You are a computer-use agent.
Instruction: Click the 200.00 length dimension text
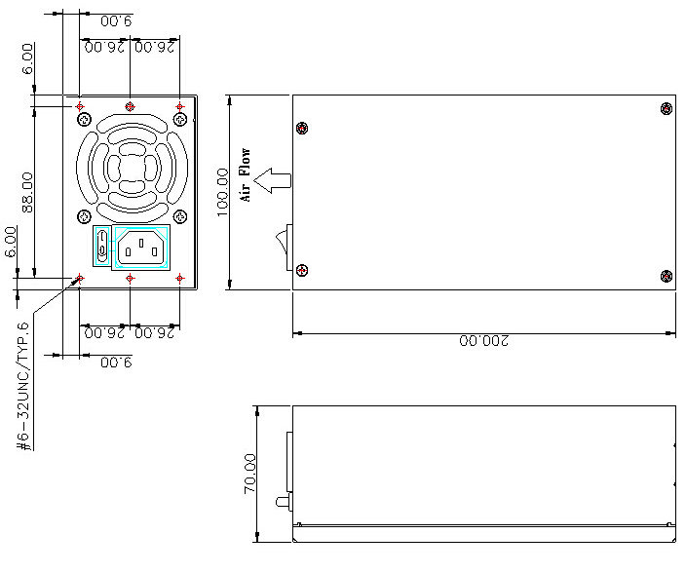pyautogui.click(x=484, y=340)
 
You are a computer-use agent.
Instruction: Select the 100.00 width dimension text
pyautogui.click(x=223, y=192)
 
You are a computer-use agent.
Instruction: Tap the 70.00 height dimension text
pyautogui.click(x=249, y=474)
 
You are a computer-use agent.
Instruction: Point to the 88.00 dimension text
pyautogui.click(x=27, y=192)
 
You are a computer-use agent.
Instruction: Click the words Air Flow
pyautogui.click(x=246, y=175)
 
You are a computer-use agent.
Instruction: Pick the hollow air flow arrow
pyautogui.click(x=272, y=180)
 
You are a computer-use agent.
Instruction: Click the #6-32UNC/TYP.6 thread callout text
pyautogui.click(x=23, y=386)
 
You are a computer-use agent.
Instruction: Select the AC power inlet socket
pyautogui.click(x=141, y=248)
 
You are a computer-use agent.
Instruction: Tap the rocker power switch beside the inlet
pyautogui.click(x=102, y=246)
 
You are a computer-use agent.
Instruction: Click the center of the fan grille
pyautogui.click(x=133, y=168)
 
